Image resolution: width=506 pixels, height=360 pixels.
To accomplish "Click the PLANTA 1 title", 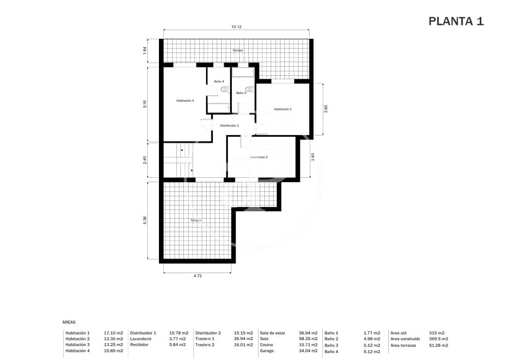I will [x=456, y=21].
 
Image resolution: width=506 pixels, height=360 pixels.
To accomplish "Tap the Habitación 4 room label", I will [x=185, y=101].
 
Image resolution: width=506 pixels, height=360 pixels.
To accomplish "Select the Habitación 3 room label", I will [x=282, y=109].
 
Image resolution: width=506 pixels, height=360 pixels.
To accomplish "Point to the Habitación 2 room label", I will [x=259, y=157].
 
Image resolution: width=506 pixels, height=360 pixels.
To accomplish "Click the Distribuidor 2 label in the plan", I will [x=229, y=125].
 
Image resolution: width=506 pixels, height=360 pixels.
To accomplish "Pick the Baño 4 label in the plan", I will [x=219, y=82].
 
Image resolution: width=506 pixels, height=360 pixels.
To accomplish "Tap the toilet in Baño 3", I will [x=249, y=89].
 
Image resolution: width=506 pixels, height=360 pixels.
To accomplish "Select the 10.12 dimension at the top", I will [x=236, y=27].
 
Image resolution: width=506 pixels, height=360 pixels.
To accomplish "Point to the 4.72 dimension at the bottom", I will [x=197, y=276].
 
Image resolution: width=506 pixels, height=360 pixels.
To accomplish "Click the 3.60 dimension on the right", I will [x=326, y=109].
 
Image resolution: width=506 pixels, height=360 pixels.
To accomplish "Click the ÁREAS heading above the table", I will [x=69, y=322].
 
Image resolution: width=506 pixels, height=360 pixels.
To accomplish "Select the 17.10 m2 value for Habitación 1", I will [x=113, y=333].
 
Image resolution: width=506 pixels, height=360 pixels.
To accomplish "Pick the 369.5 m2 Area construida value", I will [x=438, y=339].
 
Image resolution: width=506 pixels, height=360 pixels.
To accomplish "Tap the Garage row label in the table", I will [x=267, y=351].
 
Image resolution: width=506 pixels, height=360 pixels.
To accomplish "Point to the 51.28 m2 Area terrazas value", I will [x=438, y=345].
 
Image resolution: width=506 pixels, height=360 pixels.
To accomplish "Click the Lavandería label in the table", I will [x=141, y=339].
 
